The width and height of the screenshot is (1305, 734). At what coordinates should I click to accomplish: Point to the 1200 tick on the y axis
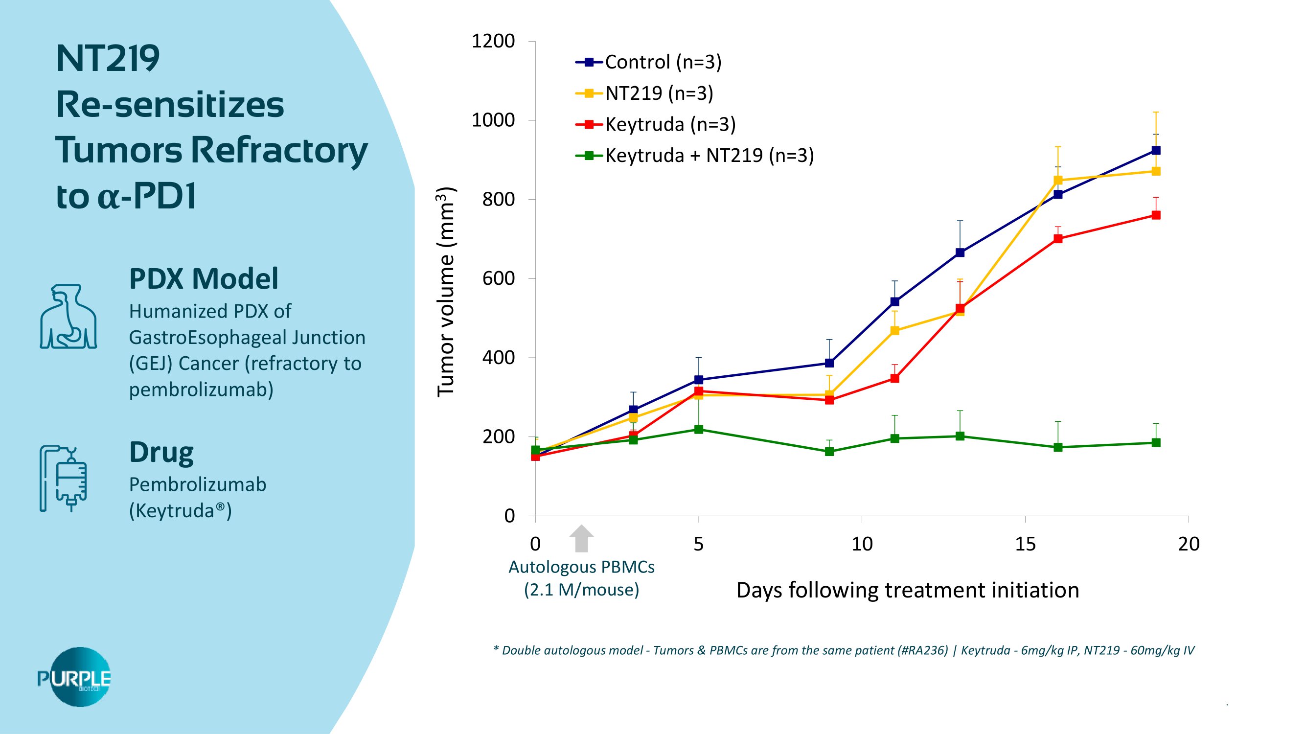pos(493,41)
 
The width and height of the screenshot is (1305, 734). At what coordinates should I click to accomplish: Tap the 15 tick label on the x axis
pos(1025,544)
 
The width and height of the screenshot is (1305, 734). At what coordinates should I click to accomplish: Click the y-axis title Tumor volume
pos(446,292)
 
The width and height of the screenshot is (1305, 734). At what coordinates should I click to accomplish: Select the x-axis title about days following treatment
pos(907,591)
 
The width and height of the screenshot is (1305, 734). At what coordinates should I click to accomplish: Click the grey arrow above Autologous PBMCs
pos(582,538)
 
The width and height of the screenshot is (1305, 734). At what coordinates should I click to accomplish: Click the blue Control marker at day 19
pos(1156,150)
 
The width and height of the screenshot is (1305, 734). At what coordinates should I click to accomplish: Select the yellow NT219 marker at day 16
pos(1058,181)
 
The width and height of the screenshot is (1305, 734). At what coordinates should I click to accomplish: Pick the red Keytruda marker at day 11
pos(894,378)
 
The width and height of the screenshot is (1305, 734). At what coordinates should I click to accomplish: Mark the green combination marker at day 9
pos(829,451)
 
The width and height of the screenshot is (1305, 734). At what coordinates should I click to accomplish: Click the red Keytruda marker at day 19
pos(1156,215)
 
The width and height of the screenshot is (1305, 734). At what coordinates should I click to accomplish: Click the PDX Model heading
pos(204,278)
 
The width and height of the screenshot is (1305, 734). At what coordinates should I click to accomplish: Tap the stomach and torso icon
pos(69,317)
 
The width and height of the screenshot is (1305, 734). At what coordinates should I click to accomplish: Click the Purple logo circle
pos(80,677)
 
